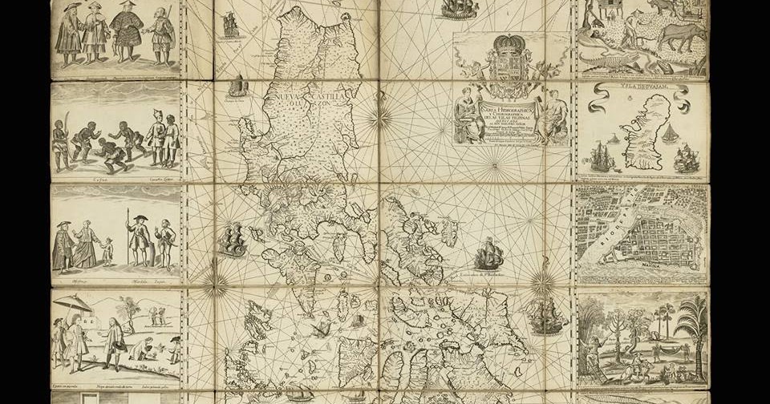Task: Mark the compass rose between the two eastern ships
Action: pyautogui.click(x=542, y=281)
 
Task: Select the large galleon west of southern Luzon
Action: pyautogui.click(x=233, y=240)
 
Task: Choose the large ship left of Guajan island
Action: pyautogui.click(x=603, y=157)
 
